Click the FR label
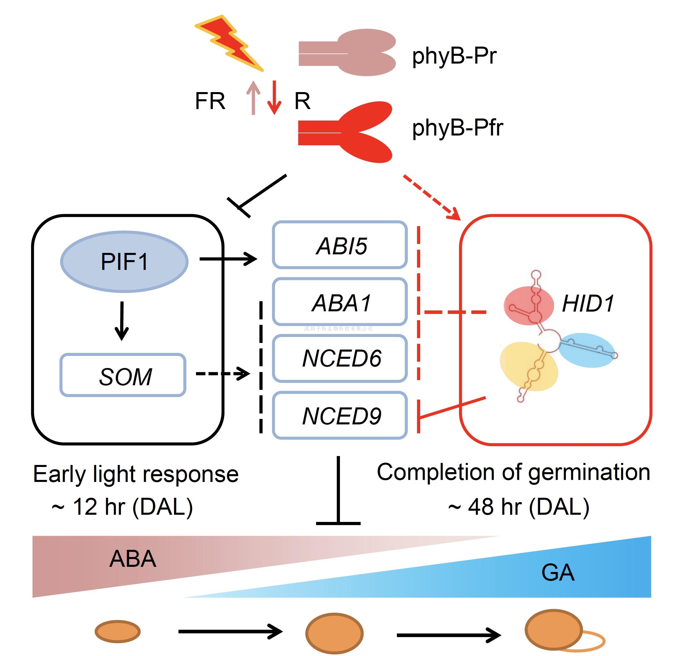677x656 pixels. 210,101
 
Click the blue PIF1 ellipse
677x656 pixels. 124,262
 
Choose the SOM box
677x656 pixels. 123,375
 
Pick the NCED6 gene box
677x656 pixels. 340,358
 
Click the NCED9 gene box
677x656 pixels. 340,415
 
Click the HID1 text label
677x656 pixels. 588,304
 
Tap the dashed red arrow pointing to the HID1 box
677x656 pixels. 432,197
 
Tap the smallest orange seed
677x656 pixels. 118,632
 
